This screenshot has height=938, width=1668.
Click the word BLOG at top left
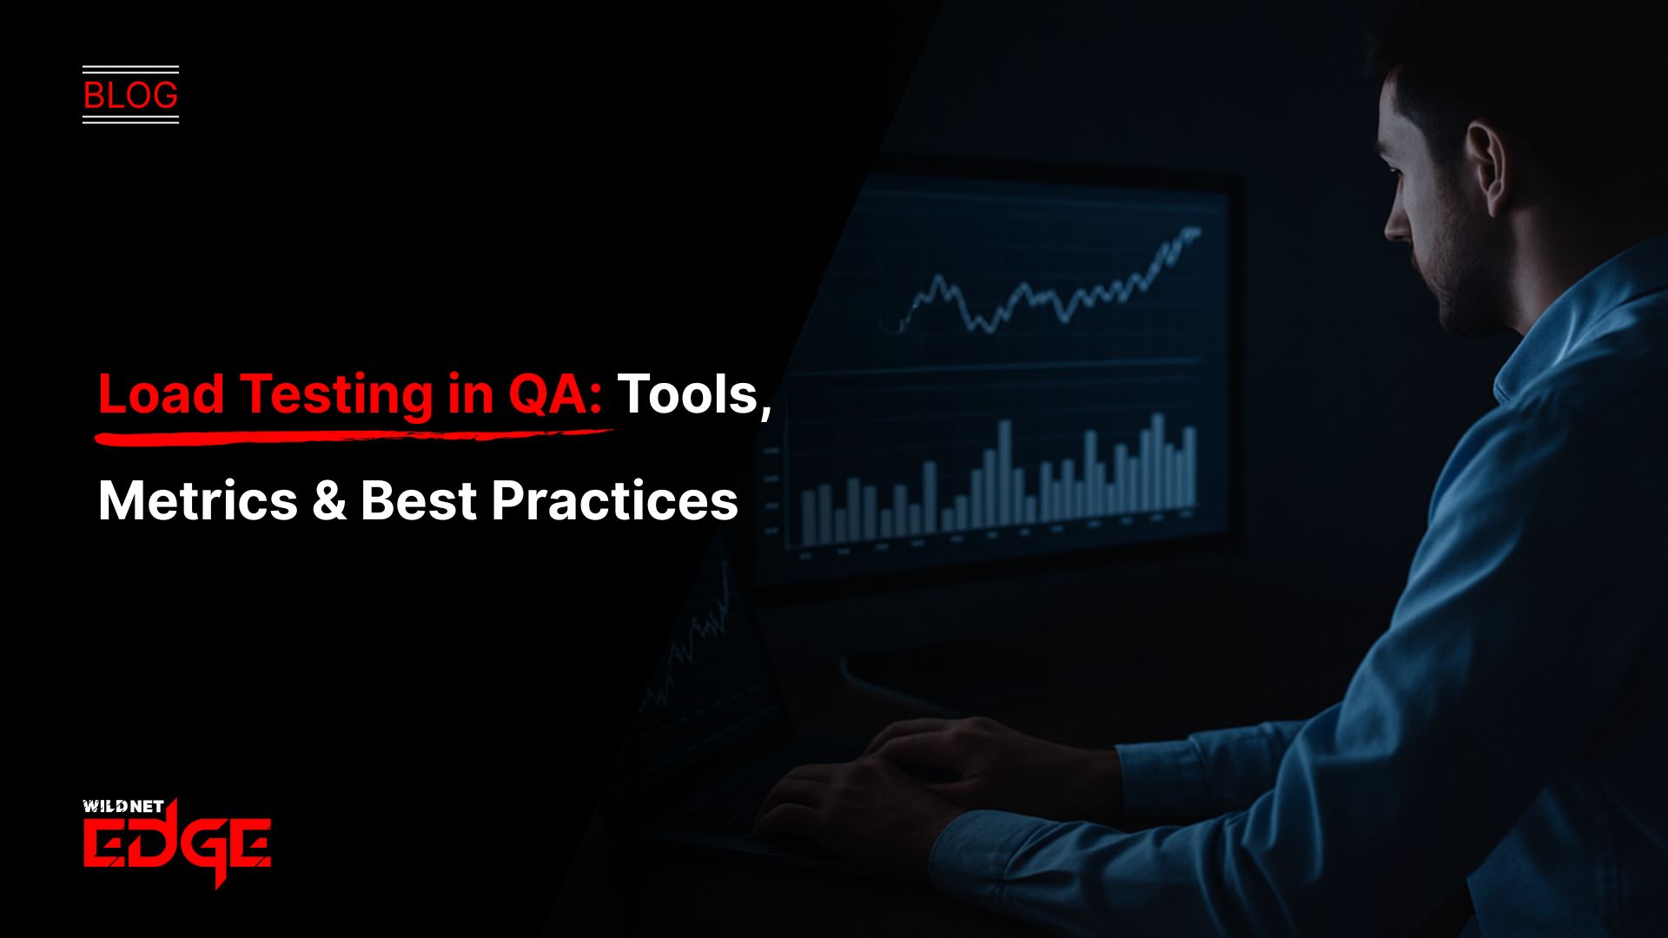point(130,95)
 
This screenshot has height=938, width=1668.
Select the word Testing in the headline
point(334,395)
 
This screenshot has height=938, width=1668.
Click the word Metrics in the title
point(198,501)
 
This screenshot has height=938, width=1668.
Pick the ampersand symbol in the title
point(328,501)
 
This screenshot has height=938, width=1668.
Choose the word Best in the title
point(418,501)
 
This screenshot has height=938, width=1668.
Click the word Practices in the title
point(614,501)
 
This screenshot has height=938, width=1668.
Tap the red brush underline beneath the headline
point(347,433)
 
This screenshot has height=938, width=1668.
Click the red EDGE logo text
point(177,844)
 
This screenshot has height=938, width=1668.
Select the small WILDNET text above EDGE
point(122,806)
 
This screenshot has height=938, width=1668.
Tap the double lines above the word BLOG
point(130,69)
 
